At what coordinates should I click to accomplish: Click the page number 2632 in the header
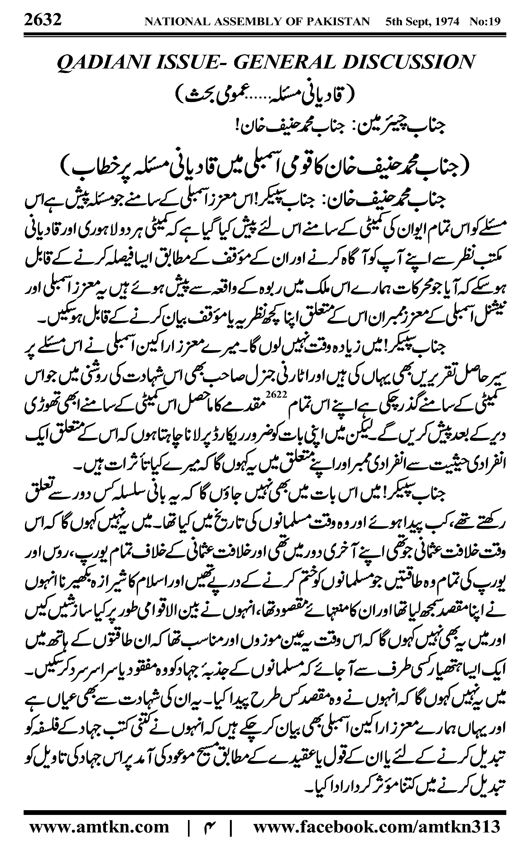[43, 19]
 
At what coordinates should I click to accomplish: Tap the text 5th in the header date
[393, 22]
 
